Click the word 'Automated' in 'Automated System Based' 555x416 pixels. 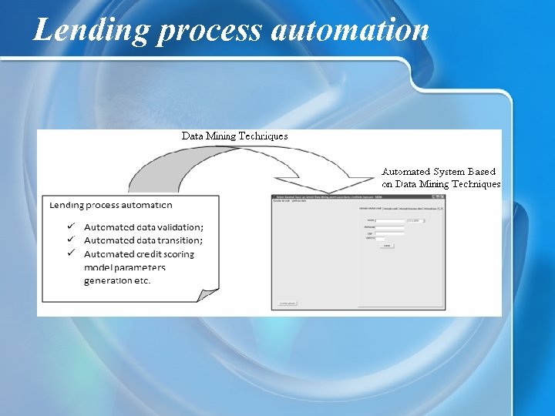pos(406,172)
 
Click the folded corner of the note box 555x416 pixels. pos(208,295)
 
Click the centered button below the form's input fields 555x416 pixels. pos(386,246)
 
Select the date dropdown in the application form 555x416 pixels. pos(415,221)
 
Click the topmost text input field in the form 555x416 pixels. pos(390,221)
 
